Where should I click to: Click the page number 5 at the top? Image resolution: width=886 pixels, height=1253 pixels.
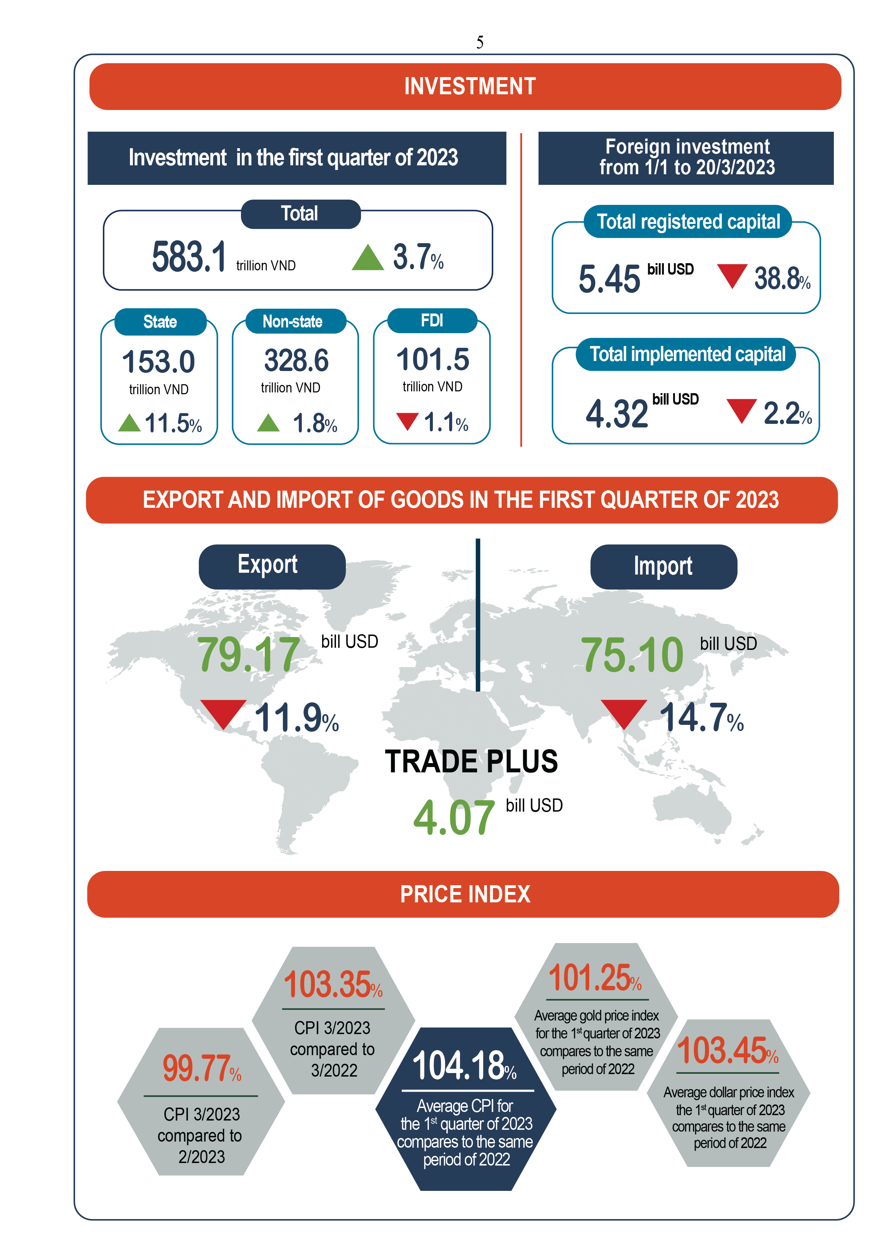(479, 42)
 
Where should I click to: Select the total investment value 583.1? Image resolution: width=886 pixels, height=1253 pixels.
(188, 256)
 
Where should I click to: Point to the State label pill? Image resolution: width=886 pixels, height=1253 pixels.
(160, 321)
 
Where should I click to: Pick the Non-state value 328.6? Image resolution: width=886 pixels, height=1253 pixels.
(296, 360)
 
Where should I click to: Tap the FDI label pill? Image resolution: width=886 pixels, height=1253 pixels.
(432, 320)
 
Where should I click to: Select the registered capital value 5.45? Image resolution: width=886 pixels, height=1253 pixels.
(609, 279)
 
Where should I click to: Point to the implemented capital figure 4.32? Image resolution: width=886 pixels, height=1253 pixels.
(616, 413)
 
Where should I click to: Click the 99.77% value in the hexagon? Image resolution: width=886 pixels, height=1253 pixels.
(196, 1068)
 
